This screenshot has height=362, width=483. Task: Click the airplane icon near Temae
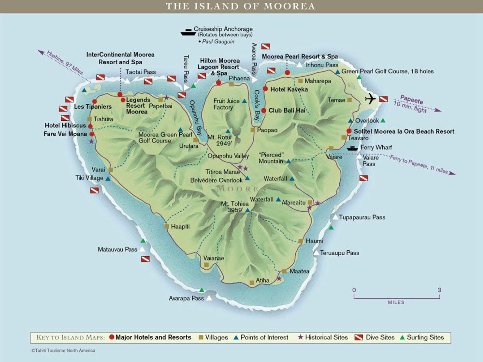coord(370,99)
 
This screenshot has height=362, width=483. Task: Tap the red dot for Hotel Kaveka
coord(265,89)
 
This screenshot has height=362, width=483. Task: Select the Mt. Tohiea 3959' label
coord(235,207)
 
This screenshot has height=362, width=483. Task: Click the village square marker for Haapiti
coord(167,226)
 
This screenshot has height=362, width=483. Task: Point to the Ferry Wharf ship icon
coord(352,148)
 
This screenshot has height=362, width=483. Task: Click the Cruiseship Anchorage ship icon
coord(188,32)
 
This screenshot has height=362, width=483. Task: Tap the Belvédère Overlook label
coord(216,180)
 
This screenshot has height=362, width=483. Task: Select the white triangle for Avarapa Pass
coord(209,298)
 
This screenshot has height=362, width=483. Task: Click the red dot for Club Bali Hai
coord(264,110)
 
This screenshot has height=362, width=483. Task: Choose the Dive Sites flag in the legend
coord(359,337)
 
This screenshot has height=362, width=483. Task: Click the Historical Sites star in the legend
coord(300,337)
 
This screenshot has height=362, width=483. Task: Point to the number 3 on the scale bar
coord(439,290)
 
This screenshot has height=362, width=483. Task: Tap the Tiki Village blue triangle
coord(108,179)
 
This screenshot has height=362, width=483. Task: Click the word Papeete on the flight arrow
coord(411,99)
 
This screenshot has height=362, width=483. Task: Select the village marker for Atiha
coord(252,283)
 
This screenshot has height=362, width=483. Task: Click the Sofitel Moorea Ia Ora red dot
coord(349,131)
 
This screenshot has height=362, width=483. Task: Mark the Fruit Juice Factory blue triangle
coord(244,101)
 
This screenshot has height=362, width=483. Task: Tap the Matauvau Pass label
coord(117,249)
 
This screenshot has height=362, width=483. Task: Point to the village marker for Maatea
coord(284,271)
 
